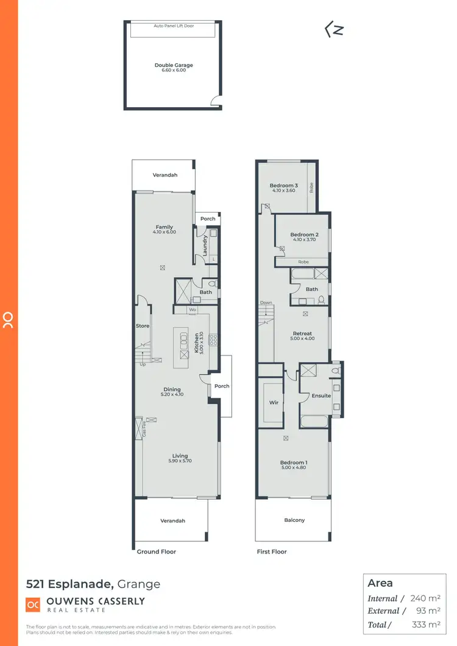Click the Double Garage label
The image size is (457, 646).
tap(174, 65)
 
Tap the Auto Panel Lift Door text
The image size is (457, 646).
tap(174, 27)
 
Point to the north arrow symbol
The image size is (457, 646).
tap(333, 30)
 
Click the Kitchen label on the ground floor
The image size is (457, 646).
tap(197, 343)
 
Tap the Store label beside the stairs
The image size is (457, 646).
tap(142, 326)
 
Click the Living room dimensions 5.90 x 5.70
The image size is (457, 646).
tap(180, 462)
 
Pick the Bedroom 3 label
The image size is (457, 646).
tap(284, 186)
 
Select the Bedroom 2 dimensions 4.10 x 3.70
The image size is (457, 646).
tap(305, 240)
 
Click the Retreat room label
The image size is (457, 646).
tap(302, 334)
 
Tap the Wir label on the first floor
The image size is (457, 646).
tap(274, 402)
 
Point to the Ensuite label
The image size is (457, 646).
tap(321, 396)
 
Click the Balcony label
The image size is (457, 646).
tap(294, 520)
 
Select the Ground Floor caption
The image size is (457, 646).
tap(157, 552)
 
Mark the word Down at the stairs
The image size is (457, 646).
tap(266, 303)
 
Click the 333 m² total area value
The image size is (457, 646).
tap(425, 624)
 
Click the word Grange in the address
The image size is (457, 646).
tap(140, 585)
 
